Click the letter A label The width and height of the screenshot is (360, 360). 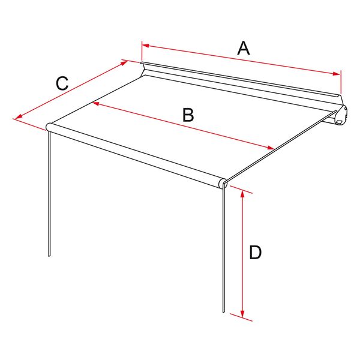click(244, 48)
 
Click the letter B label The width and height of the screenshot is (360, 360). click(188, 115)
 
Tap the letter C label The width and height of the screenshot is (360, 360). click(62, 83)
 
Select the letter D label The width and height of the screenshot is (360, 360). click(256, 253)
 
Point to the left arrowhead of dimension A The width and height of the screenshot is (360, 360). click(146, 46)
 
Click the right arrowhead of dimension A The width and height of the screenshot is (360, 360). click(337, 73)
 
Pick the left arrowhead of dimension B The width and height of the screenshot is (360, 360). click(96, 104)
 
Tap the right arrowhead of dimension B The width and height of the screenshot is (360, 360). click(271, 148)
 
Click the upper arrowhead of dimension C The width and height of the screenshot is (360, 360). click(124, 62)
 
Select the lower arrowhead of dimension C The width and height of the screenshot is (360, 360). click(19, 116)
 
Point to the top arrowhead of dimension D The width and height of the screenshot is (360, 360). click(242, 194)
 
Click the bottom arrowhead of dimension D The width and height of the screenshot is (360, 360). click(242, 314)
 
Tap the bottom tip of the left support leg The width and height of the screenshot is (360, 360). click(49, 256)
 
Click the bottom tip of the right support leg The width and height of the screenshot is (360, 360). click(223, 311)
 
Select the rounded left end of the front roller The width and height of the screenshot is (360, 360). click(49, 127)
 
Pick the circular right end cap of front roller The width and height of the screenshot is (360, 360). click(223, 184)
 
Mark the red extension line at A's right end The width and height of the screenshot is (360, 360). click(341, 82)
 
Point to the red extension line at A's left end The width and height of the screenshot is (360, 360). click(142, 51)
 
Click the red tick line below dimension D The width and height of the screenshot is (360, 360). click(241, 317)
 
